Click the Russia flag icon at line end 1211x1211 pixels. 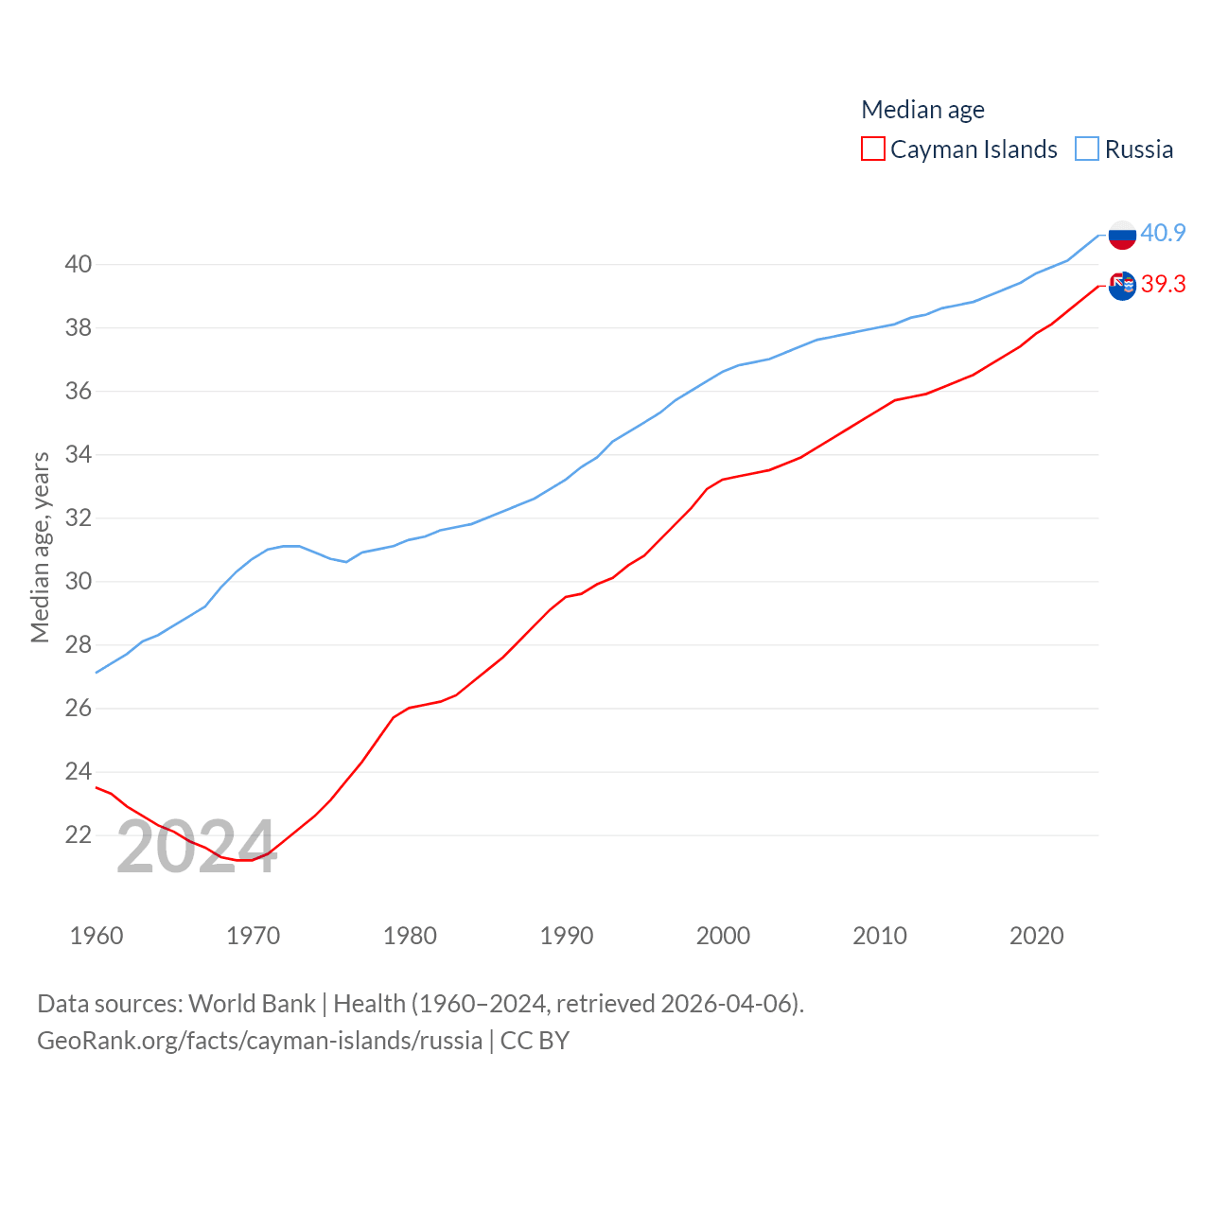click(x=1122, y=235)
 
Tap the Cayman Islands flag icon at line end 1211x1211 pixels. click(x=1122, y=286)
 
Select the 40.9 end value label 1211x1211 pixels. click(x=1163, y=233)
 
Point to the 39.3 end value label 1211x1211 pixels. click(x=1163, y=284)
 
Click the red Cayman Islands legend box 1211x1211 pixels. click(x=872, y=149)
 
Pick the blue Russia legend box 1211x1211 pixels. click(x=1087, y=149)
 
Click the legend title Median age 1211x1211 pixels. click(x=922, y=110)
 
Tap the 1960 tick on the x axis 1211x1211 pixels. click(x=97, y=936)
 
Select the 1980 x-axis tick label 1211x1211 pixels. click(x=410, y=936)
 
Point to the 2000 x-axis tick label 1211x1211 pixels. click(x=723, y=936)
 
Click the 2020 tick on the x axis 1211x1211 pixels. click(x=1037, y=936)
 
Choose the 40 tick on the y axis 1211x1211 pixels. click(x=79, y=264)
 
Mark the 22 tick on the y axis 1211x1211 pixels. click(x=79, y=834)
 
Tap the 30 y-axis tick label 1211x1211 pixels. click(x=79, y=581)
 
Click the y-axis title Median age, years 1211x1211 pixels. click(x=40, y=547)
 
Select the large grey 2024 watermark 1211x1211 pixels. click(x=197, y=847)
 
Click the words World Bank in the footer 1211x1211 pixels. click(x=252, y=1003)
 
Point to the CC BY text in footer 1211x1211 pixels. click(x=535, y=1041)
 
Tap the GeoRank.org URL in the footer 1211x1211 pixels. click(x=259, y=1041)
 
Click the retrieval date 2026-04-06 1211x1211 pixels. click(x=729, y=1003)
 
